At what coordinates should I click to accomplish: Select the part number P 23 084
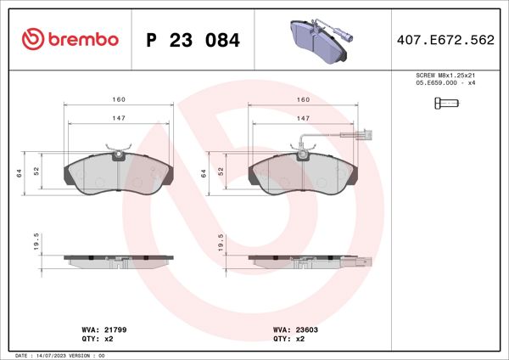tap(193, 40)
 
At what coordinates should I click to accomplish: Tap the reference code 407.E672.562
tap(445, 40)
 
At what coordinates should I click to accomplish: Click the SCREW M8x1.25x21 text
tap(445, 76)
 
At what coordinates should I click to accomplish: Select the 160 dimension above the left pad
tap(119, 99)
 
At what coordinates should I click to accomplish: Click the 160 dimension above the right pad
tap(303, 99)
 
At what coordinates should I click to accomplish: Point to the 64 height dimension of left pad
tap(18, 172)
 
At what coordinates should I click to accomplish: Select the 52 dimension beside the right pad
tap(221, 171)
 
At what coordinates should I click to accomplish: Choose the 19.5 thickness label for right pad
tap(221, 244)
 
